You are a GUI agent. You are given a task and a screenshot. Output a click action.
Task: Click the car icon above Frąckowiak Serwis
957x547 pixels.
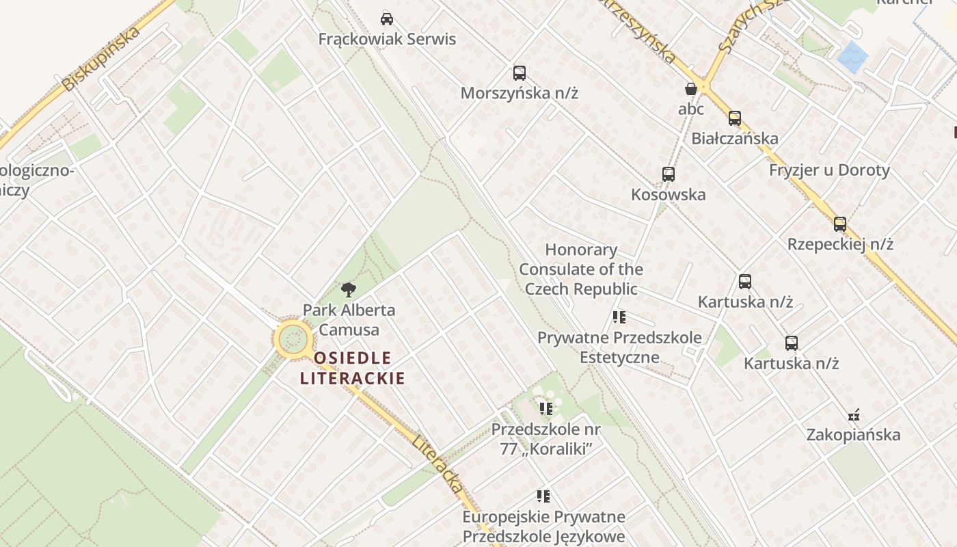[387, 18]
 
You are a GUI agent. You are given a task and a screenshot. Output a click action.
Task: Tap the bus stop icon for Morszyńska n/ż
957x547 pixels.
[520, 73]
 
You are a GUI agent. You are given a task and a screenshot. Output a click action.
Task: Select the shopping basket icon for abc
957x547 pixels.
[691, 89]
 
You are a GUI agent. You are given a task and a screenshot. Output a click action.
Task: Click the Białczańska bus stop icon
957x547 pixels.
[735, 118]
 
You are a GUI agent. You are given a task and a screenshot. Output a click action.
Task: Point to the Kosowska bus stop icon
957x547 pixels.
[669, 174]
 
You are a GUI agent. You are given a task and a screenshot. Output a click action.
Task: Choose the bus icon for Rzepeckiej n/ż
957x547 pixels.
[840, 224]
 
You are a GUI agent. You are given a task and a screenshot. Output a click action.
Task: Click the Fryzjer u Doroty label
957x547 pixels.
[829, 170]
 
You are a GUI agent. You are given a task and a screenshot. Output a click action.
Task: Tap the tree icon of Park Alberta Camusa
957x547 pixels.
[349, 289]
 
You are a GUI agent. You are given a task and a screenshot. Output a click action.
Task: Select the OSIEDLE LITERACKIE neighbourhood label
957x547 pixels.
[352, 368]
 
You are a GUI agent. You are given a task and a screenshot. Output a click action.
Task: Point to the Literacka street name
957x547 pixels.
[437, 463]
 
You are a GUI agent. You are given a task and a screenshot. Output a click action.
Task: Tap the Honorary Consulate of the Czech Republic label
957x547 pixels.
[581, 269]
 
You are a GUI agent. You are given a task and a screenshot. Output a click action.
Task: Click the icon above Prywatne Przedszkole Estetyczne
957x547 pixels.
[619, 317]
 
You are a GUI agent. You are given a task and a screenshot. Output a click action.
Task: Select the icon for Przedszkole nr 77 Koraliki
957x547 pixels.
[545, 409]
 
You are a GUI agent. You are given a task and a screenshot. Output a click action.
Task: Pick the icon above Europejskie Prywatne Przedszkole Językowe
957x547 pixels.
[543, 496]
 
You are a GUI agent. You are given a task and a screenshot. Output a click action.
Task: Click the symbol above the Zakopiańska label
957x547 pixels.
[853, 414]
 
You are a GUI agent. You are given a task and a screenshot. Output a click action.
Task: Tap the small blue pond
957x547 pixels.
[852, 57]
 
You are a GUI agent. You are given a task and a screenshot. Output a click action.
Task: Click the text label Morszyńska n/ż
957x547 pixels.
[520, 93]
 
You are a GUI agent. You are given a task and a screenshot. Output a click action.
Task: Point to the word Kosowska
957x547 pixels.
[668, 194]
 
